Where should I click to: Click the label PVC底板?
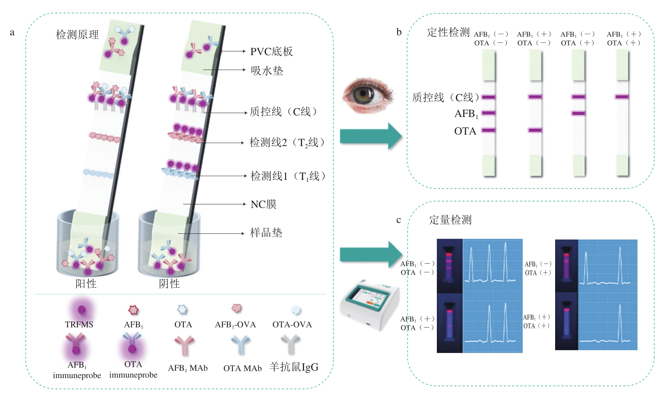271,52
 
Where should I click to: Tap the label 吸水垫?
267,71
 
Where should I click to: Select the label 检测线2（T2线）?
287,142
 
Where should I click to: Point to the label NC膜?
263,204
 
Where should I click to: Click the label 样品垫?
266,233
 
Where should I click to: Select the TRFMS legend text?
79,324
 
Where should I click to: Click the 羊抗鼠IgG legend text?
294,367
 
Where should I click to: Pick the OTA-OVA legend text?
292,324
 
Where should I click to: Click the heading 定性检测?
448,32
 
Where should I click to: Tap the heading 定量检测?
450,220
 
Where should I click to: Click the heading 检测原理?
77,35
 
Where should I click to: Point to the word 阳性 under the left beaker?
86,283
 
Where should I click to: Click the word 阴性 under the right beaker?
169,283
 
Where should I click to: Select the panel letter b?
399,32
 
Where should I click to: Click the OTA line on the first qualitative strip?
488,130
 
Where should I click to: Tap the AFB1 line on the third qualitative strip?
579,113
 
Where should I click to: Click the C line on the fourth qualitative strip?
622,97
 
